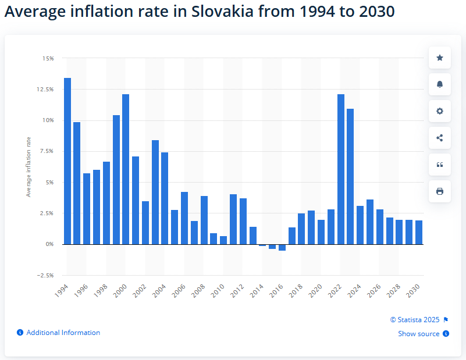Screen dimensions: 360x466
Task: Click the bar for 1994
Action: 67,161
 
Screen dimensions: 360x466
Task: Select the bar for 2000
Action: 126,169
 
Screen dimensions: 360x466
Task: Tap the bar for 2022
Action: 341,169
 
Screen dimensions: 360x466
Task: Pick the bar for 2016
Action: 282,247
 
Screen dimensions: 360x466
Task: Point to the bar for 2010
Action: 223,240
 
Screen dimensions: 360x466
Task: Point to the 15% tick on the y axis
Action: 48,58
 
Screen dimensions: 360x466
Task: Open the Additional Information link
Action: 63,333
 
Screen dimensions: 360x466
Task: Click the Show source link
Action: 419,334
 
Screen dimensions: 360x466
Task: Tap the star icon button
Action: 440,58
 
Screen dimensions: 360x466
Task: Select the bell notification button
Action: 440,84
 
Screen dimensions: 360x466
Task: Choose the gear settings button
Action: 440,111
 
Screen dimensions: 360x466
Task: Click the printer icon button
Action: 440,191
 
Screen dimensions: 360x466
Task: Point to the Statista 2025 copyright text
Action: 415,319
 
